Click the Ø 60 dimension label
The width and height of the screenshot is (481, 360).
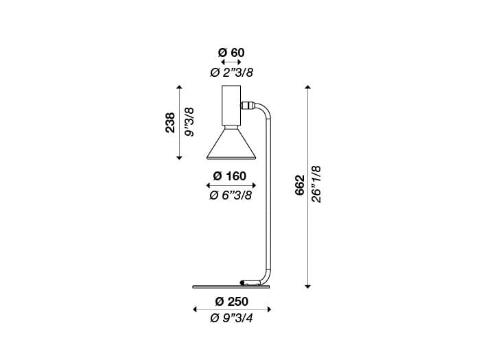231,52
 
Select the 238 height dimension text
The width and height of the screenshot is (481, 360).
169,123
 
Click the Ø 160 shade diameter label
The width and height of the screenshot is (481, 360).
231,176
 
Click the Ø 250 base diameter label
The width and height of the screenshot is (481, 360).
231,302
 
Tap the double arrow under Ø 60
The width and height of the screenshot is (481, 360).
231,62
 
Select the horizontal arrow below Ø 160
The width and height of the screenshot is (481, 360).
231,186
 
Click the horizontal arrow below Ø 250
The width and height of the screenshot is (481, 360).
231,311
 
